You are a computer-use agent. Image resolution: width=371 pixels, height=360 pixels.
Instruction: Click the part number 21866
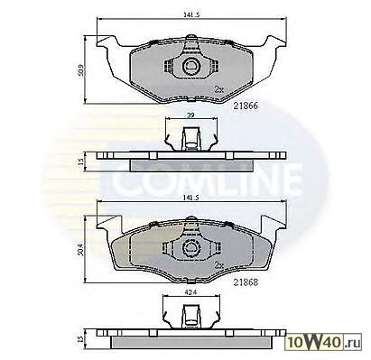pyautogui.click(x=246, y=106)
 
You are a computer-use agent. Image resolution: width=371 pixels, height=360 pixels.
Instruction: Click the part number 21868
pyautogui.click(x=246, y=282)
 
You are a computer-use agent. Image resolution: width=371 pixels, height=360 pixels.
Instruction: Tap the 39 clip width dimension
pyautogui.click(x=190, y=115)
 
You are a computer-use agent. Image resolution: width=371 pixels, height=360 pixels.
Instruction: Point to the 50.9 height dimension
pyautogui.click(x=81, y=69)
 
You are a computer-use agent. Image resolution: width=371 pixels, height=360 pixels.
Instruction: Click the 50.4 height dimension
pyautogui.click(x=80, y=249)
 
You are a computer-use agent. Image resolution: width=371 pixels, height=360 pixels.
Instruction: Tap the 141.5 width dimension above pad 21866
pyautogui.click(x=191, y=14)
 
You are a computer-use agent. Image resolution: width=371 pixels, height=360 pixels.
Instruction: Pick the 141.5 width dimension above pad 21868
pyautogui.click(x=191, y=198)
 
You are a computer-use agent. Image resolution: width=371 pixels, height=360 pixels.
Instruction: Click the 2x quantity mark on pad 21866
pyautogui.click(x=218, y=89)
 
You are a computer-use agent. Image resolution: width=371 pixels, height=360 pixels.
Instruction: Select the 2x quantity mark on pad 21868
pyautogui.click(x=219, y=265)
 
